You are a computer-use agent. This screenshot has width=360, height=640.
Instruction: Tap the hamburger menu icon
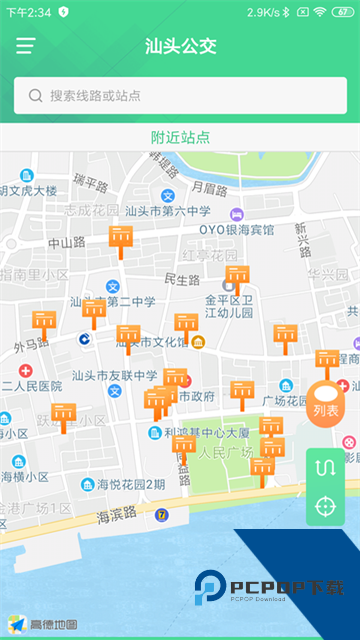point(25,46)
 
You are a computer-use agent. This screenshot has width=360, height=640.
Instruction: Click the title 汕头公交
point(180,46)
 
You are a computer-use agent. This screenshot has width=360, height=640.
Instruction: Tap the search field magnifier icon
point(36,96)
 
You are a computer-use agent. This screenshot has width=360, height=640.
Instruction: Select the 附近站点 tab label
point(180,137)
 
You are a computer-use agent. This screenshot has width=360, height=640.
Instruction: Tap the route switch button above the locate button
point(325,468)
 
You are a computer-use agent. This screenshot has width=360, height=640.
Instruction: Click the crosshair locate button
point(325,506)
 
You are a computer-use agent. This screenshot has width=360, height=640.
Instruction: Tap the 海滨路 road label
point(119,517)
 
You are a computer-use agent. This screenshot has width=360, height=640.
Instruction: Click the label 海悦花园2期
point(131,485)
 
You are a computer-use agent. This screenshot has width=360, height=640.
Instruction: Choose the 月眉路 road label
point(209,187)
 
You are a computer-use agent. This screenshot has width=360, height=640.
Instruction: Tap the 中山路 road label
point(67,243)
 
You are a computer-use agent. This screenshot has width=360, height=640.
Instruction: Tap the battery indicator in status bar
point(344,12)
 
